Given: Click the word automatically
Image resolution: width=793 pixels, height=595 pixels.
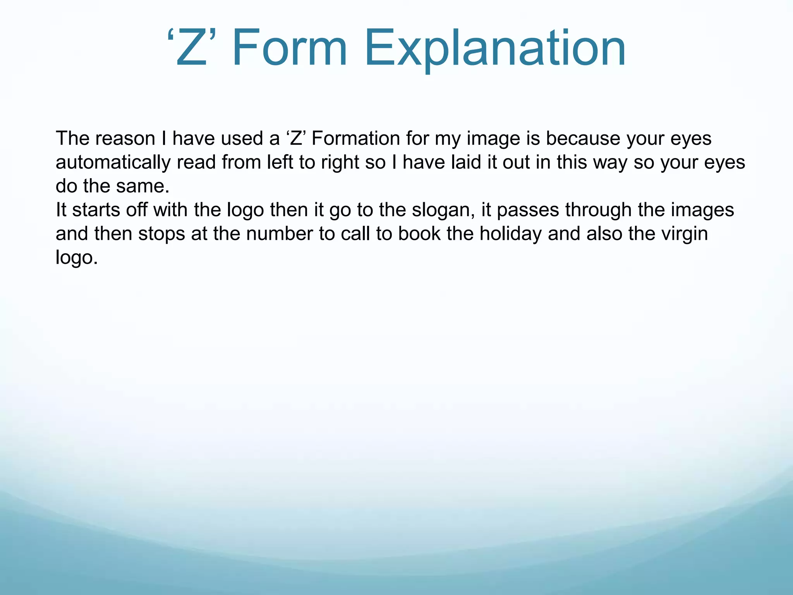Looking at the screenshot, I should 113,163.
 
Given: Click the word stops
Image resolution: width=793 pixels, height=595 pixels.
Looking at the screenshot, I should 161,234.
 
